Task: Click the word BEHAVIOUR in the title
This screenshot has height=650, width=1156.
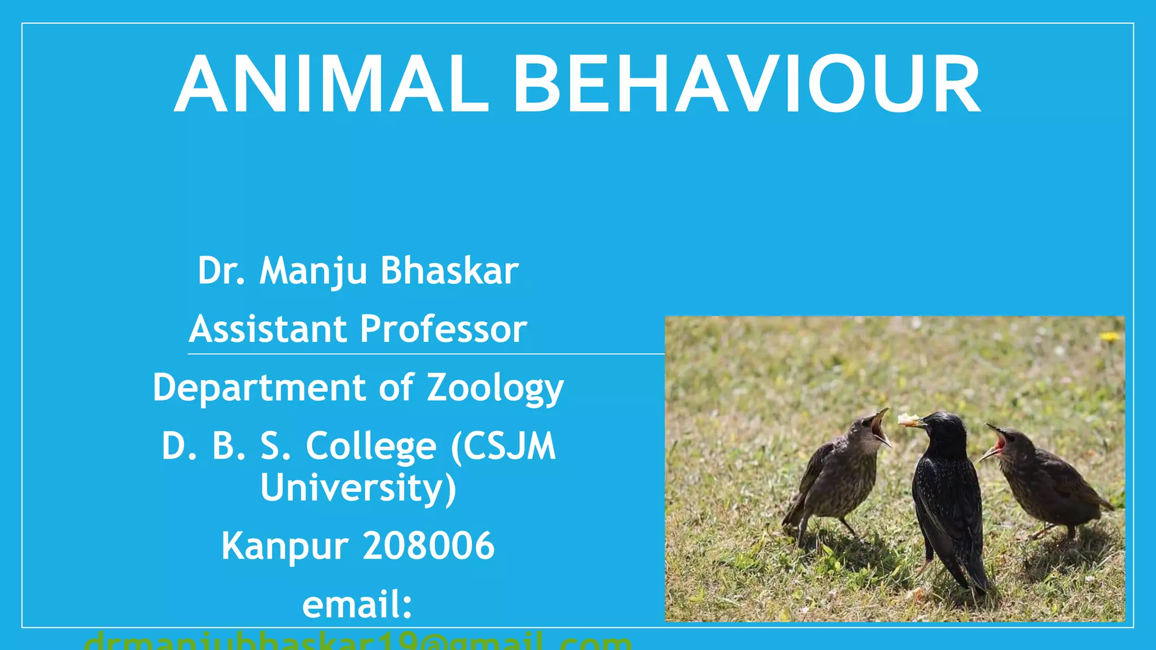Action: [x=746, y=85]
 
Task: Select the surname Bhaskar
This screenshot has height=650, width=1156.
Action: [x=449, y=271]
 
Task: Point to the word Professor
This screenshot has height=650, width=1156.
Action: [x=444, y=330]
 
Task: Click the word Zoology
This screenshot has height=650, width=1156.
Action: [x=495, y=389]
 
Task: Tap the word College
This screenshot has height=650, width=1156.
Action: [x=371, y=447]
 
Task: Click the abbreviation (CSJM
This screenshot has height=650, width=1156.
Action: [x=503, y=447]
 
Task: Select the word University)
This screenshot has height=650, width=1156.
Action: [x=358, y=488]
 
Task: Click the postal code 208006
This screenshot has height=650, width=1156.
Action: [x=429, y=546]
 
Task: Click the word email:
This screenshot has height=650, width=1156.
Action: [x=357, y=605]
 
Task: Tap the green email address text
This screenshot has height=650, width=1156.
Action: [x=357, y=642]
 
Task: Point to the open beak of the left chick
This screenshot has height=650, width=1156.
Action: [x=880, y=427]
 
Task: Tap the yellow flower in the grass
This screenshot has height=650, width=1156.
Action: [x=1109, y=337]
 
